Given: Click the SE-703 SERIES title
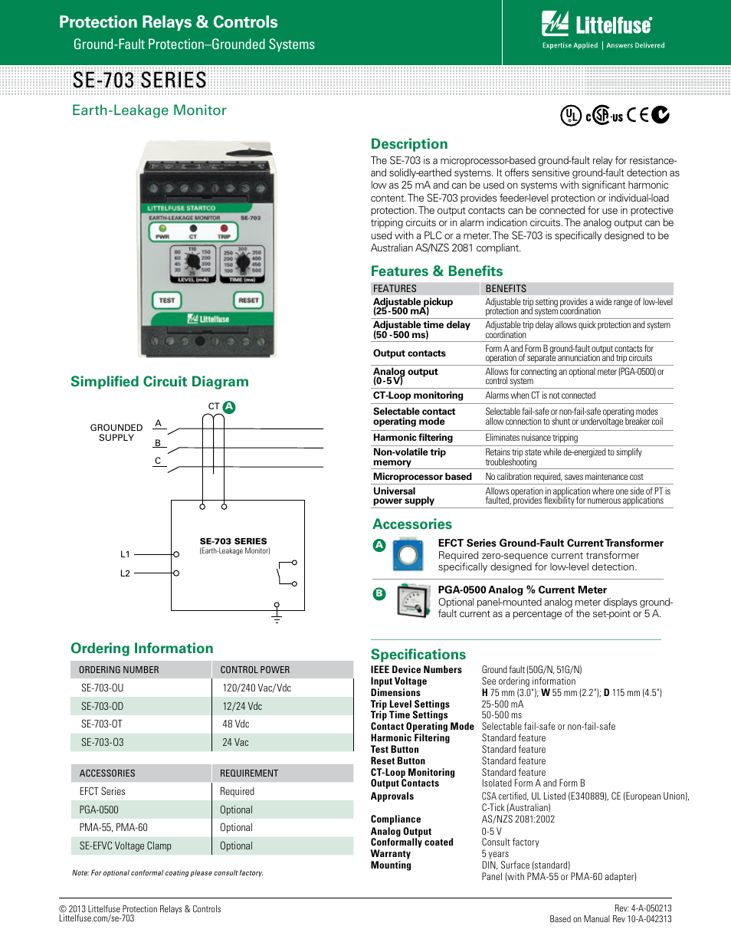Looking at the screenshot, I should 140,80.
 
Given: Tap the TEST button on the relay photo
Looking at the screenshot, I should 166,301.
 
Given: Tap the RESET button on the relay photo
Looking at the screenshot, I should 247,301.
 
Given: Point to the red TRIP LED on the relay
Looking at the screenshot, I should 225,228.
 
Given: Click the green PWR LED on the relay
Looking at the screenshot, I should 162,228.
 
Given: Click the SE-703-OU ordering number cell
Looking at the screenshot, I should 102,688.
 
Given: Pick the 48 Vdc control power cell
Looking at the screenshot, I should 237,724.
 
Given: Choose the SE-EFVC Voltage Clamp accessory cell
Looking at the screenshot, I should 126,846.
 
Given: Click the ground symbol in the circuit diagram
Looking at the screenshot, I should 277,614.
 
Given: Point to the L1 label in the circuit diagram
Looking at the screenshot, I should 126,553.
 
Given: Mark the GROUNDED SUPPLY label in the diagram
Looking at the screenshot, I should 116,432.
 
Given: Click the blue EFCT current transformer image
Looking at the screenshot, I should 408,555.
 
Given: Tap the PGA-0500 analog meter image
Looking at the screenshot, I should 414,601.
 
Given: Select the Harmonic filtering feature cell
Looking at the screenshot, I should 413,438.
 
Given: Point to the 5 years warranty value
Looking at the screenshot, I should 495,853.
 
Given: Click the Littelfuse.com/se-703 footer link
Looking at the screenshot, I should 97,918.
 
